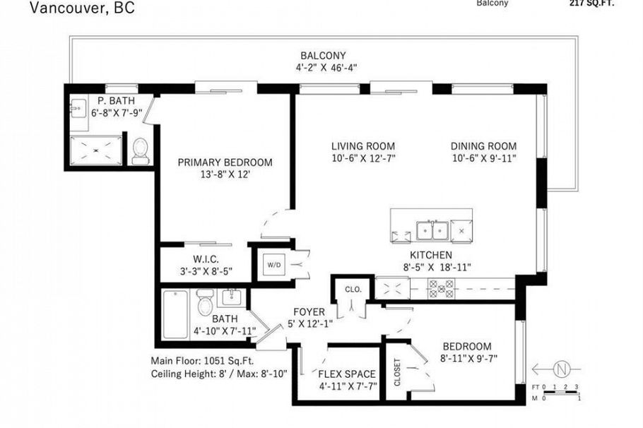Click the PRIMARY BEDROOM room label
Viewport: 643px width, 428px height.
coord(225,162)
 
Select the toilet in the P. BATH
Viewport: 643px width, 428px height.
coord(141,150)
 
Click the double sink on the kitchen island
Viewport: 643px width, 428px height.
coord(432,230)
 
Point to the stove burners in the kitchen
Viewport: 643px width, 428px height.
coord(442,287)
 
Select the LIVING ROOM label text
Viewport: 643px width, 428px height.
coord(363,146)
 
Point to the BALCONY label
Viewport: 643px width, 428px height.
coord(322,56)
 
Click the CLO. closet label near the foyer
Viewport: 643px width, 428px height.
coord(353,289)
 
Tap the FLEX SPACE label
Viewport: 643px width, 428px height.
coord(346,374)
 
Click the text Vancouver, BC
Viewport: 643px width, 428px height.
coord(73,8)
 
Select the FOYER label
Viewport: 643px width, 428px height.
coord(309,311)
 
